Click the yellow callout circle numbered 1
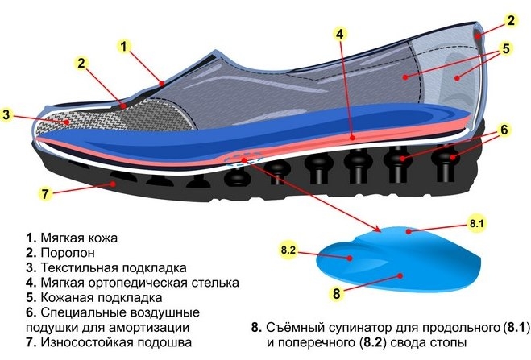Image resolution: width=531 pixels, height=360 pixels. (x=125, y=46)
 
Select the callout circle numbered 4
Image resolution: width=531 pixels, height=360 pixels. (x=340, y=35)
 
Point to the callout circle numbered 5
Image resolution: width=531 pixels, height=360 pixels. (x=505, y=48)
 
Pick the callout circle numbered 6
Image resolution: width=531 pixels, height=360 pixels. (x=502, y=129)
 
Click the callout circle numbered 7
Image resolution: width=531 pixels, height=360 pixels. (x=47, y=193)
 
